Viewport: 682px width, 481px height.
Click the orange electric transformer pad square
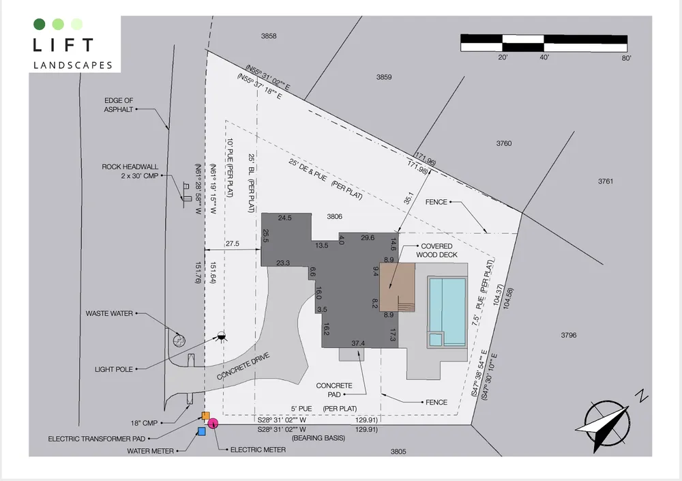pyautogui.click(x=206, y=416)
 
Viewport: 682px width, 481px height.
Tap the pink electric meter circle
pyautogui.click(x=213, y=423)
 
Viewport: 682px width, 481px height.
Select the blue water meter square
pyautogui.click(x=201, y=431)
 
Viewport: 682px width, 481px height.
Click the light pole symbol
pyautogui.click(x=222, y=336)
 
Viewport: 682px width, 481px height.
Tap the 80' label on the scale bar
pyautogui.click(x=626, y=58)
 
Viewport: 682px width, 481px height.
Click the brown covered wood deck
pyautogui.click(x=397, y=287)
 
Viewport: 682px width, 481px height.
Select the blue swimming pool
pyautogui.click(x=447, y=312)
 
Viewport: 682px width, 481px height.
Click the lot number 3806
pyautogui.click(x=334, y=216)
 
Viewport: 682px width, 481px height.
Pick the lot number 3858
pyautogui.click(x=269, y=36)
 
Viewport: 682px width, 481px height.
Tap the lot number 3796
pyautogui.click(x=569, y=335)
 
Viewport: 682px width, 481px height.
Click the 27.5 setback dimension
pyautogui.click(x=233, y=244)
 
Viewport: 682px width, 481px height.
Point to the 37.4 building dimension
pyautogui.click(x=358, y=343)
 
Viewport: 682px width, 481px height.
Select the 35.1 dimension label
pyautogui.click(x=409, y=198)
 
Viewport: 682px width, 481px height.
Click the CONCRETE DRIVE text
pyautogui.click(x=243, y=366)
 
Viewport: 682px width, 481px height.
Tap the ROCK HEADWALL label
pyautogui.click(x=130, y=166)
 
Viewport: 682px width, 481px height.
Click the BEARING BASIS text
pyautogui.click(x=318, y=438)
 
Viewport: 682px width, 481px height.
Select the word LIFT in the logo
pyautogui.click(x=63, y=45)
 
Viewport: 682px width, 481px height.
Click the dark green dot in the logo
pyautogui.click(x=39, y=24)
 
